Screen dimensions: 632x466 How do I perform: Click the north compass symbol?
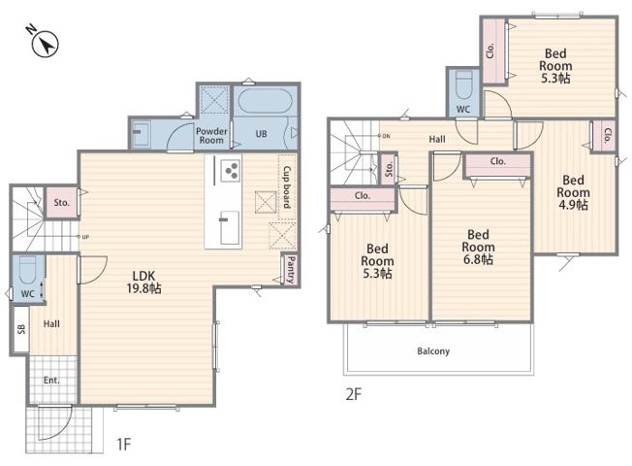tap(45, 42)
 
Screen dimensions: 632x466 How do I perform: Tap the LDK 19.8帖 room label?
tap(143, 282)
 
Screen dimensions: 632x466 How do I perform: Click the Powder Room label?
tap(211, 136)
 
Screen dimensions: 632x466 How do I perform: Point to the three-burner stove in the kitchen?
tap(231, 171)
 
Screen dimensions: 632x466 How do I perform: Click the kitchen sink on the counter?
tap(230, 228)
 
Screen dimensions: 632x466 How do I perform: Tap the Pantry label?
tap(291, 269)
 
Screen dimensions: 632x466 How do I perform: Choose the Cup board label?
tap(287, 187)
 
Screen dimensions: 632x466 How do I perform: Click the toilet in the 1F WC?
tap(28, 270)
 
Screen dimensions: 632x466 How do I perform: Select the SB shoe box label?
tap(21, 329)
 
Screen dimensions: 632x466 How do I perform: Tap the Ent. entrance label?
tap(51, 380)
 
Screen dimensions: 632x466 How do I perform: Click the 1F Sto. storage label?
tap(62, 203)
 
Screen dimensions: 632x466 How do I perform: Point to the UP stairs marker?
tap(85, 237)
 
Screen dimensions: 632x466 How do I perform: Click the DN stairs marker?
tap(386, 136)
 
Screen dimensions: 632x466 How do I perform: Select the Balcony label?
tap(433, 350)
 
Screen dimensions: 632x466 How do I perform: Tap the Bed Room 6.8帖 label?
tap(479, 247)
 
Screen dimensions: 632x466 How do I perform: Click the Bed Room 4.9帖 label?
tap(573, 192)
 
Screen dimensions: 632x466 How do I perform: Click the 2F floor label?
tap(354, 394)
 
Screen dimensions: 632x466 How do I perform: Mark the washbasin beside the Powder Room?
tap(141, 133)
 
